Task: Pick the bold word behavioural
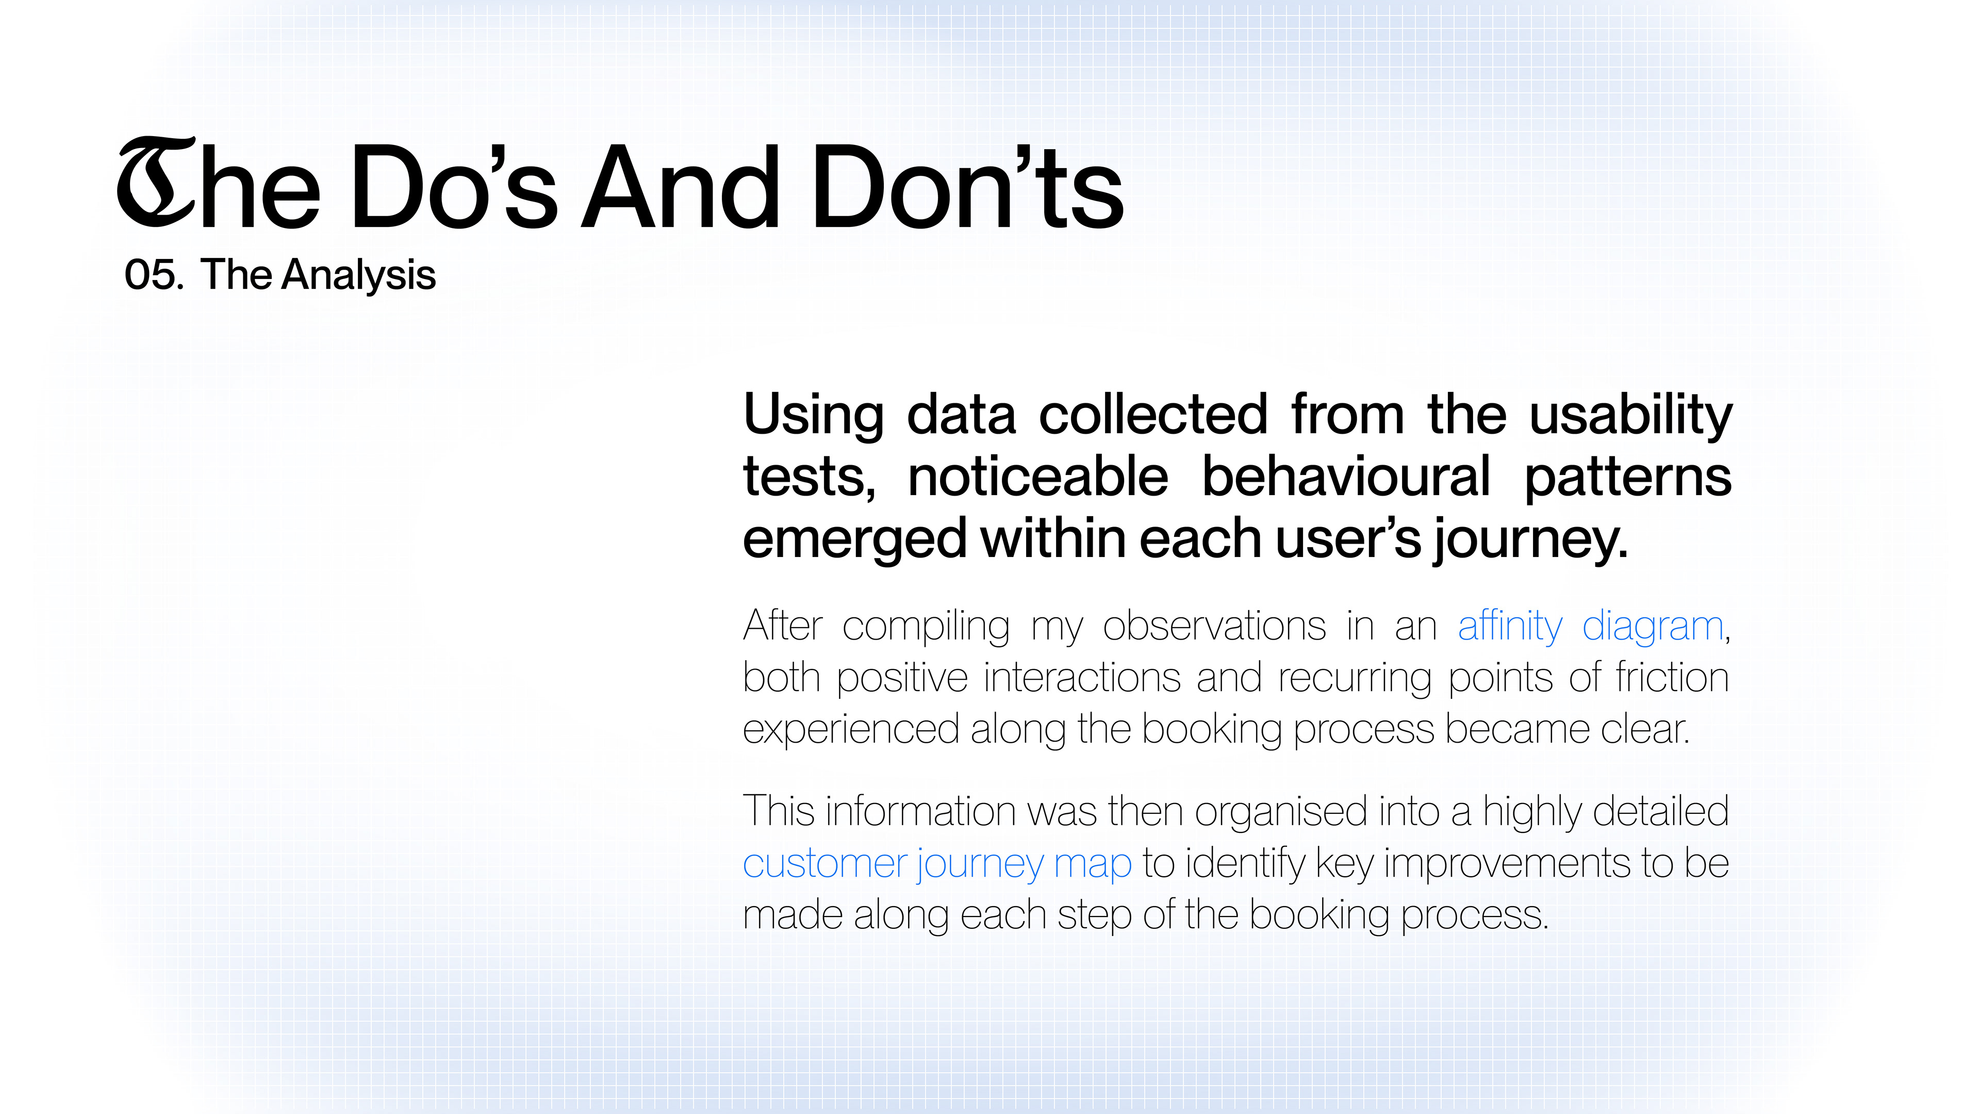(1346, 477)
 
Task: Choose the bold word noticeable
(1037, 477)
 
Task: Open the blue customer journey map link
(937, 864)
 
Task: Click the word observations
(1214, 626)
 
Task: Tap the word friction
(1673, 678)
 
